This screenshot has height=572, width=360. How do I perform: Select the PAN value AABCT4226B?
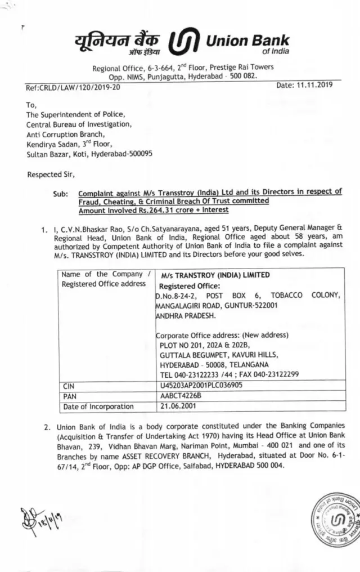point(181,396)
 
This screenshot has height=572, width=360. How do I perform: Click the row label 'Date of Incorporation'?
point(98,406)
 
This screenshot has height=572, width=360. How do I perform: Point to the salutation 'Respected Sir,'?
point(51,175)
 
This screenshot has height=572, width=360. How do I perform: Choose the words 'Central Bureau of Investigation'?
point(79,124)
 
